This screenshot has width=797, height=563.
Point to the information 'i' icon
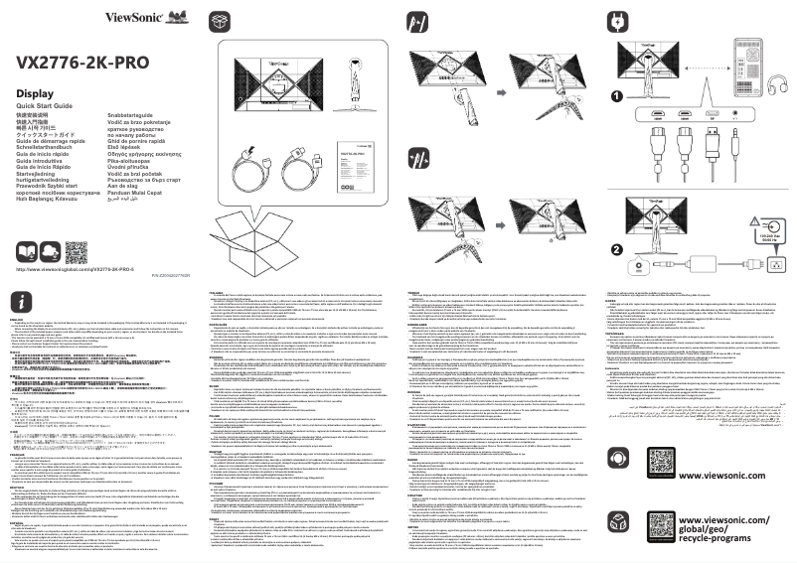[20, 299]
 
